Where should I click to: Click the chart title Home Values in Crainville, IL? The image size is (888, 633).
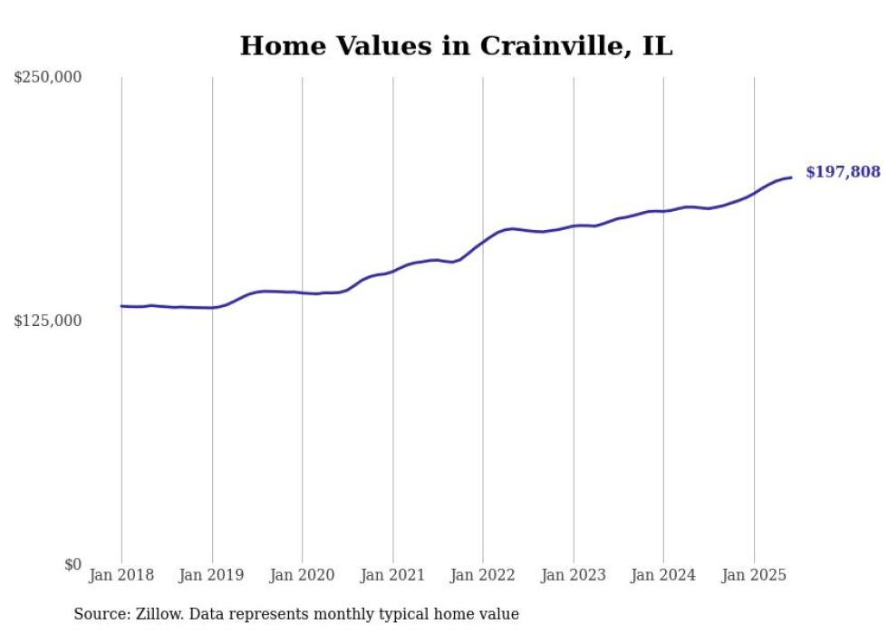pyautogui.click(x=456, y=46)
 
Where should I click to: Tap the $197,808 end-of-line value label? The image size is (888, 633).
pyautogui.click(x=842, y=172)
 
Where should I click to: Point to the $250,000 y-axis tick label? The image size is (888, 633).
pyautogui.click(x=48, y=78)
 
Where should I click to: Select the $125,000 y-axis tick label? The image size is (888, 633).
pyautogui.click(x=48, y=321)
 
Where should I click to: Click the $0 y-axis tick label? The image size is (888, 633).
pyautogui.click(x=72, y=564)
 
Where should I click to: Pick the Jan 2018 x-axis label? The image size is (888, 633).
pyautogui.click(x=121, y=575)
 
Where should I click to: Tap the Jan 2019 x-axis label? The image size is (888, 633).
pyautogui.click(x=212, y=575)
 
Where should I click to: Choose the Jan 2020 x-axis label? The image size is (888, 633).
pyautogui.click(x=303, y=575)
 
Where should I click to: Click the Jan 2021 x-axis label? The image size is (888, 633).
pyautogui.click(x=392, y=575)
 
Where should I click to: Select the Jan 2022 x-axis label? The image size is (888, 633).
pyautogui.click(x=483, y=575)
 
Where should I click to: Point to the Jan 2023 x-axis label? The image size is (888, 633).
pyautogui.click(x=574, y=575)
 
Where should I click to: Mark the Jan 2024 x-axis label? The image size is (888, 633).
pyautogui.click(x=663, y=575)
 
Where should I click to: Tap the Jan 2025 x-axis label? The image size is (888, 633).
pyautogui.click(x=754, y=575)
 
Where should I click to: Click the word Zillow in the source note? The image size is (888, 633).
pyautogui.click(x=159, y=614)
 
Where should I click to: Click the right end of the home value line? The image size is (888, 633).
pyautogui.click(x=791, y=177)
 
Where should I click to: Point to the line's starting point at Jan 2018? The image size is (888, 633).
pyautogui.click(x=121, y=306)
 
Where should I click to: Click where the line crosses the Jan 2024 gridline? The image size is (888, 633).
pyautogui.click(x=663, y=211)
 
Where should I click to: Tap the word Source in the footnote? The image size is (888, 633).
pyautogui.click(x=99, y=614)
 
